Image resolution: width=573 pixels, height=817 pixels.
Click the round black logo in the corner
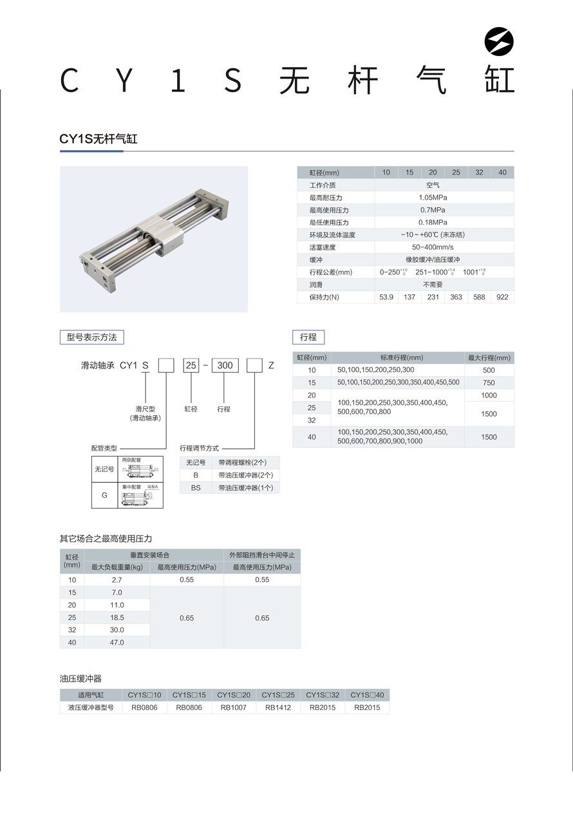(x=499, y=42)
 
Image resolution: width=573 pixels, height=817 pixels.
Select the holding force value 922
(x=502, y=297)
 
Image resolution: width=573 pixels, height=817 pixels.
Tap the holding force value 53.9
(x=386, y=297)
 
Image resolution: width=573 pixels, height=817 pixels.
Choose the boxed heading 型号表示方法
(x=92, y=337)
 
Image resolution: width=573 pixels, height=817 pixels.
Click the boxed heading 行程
(x=308, y=337)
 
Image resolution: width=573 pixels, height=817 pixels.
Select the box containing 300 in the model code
(x=225, y=366)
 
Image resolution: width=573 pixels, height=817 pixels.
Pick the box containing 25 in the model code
(x=191, y=366)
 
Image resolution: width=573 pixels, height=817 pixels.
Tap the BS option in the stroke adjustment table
(x=196, y=488)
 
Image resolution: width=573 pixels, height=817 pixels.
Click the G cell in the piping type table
(x=104, y=496)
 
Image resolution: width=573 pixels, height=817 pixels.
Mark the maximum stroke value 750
(x=489, y=383)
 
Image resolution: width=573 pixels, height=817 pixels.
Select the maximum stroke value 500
(x=489, y=370)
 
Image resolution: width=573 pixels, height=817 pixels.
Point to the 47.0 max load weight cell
(x=117, y=643)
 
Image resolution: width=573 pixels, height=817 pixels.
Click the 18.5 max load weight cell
(x=117, y=617)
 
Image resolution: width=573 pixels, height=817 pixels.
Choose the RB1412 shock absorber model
(x=278, y=708)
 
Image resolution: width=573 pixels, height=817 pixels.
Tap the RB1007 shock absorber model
(x=234, y=708)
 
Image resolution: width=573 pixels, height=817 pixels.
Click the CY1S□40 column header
(x=367, y=695)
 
